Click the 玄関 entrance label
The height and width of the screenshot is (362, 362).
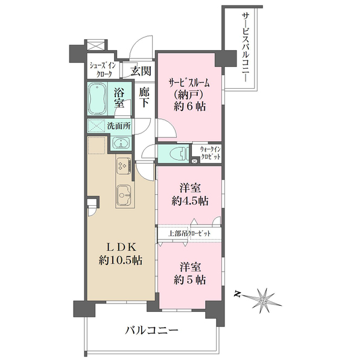click(141, 71)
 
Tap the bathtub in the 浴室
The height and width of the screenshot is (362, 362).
click(98, 99)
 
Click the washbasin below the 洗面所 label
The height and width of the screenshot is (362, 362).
click(121, 143)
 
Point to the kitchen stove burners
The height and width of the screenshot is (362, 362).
click(124, 166)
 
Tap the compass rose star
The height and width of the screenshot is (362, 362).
click(263, 300)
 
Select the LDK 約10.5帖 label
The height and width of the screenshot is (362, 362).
click(121, 254)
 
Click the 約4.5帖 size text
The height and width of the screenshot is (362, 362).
click(190, 201)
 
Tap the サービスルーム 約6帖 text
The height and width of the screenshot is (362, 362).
click(189, 95)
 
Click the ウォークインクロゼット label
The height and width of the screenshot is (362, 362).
click(211, 153)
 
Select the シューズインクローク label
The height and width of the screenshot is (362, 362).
click(103, 69)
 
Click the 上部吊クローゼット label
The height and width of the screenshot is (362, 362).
click(189, 233)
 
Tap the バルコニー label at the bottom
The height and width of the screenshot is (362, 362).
click(151, 331)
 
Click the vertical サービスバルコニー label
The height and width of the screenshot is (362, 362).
click(246, 47)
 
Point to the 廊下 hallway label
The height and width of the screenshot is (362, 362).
click(144, 98)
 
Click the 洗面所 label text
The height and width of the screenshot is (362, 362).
click(119, 126)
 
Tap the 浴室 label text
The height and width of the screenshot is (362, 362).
click(119, 98)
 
